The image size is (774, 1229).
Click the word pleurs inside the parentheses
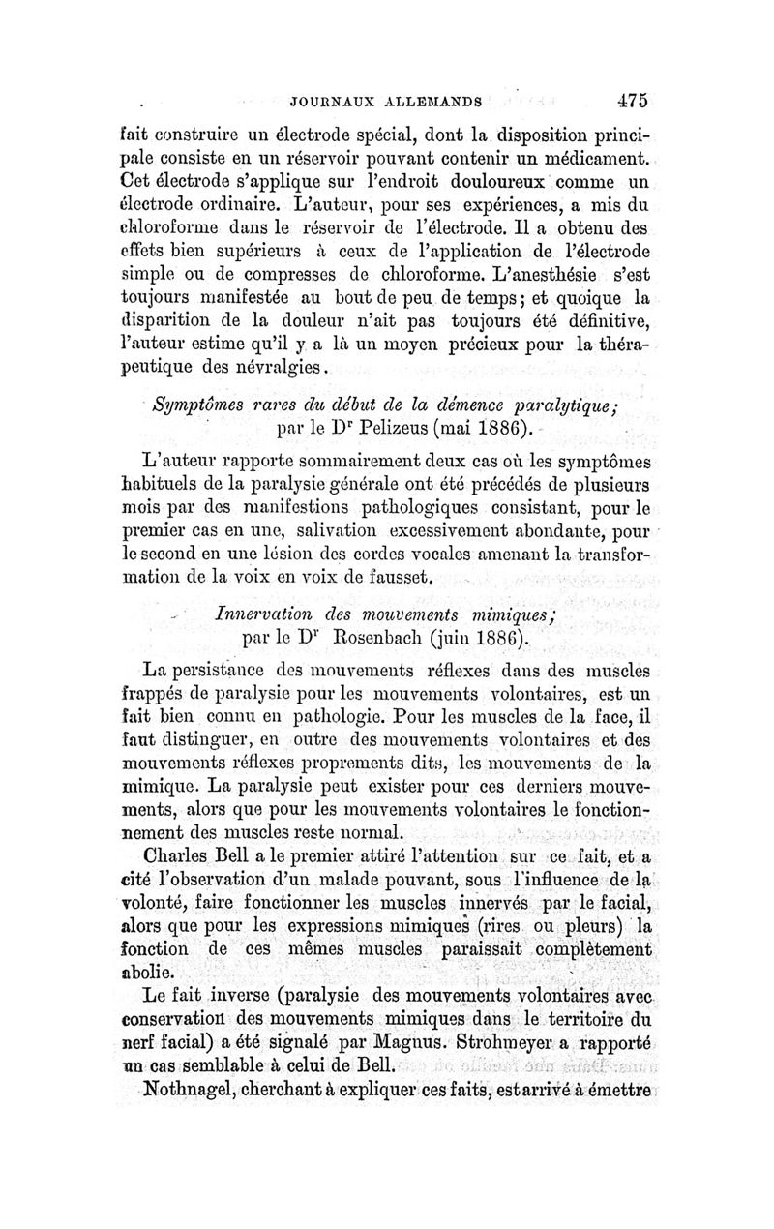click(x=603, y=926)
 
